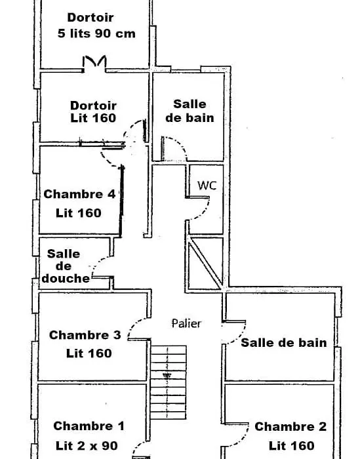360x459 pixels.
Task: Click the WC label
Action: point(207,186)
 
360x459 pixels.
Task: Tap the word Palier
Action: point(186,323)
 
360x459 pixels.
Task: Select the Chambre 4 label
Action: point(79,194)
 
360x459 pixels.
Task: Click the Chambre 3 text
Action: point(85,335)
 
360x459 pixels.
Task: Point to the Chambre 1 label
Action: point(89,426)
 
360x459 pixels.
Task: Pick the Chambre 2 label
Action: point(290,426)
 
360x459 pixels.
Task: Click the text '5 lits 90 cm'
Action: point(96,33)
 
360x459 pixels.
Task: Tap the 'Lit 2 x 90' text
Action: point(87,446)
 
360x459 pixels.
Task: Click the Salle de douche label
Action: point(66,266)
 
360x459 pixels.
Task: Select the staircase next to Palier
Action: point(169,382)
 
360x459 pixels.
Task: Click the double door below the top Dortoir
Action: point(94,63)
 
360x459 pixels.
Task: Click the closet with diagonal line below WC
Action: point(205,263)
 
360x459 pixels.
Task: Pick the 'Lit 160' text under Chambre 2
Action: point(292,446)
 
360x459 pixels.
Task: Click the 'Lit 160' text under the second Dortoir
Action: point(93,118)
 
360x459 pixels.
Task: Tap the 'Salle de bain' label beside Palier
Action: point(284,343)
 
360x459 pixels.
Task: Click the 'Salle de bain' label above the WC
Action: point(190,111)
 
